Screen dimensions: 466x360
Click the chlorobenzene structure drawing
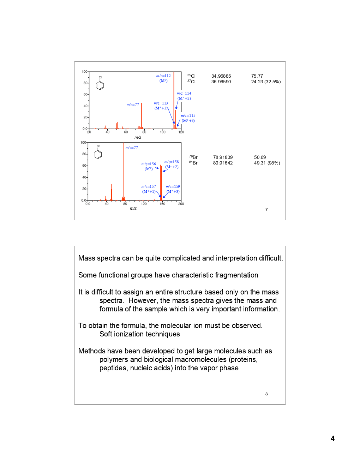click(100, 84)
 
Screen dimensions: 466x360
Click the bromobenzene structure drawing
click(98, 153)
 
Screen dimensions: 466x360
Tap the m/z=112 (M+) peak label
click(163, 78)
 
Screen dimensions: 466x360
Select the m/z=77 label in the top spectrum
click(133, 104)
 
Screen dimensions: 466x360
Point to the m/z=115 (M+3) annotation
click(188, 118)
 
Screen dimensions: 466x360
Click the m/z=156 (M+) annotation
click(149, 166)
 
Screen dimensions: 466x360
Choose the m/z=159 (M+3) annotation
click(173, 189)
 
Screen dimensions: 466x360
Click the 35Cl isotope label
click(191, 76)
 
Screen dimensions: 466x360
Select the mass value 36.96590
click(221, 82)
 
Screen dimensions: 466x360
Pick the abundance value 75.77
click(257, 76)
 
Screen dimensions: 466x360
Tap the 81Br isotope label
click(193, 163)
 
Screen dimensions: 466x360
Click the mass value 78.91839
click(223, 157)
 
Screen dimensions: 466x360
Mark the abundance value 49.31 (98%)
click(267, 163)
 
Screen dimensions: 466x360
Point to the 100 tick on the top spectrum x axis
click(163, 132)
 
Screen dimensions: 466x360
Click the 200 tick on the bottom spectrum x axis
click(181, 204)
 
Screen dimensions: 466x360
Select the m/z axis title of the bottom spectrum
click(133, 208)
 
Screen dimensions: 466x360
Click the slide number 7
click(266, 210)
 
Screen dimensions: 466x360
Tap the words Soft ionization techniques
click(139, 334)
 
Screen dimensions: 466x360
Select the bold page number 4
click(332, 438)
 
